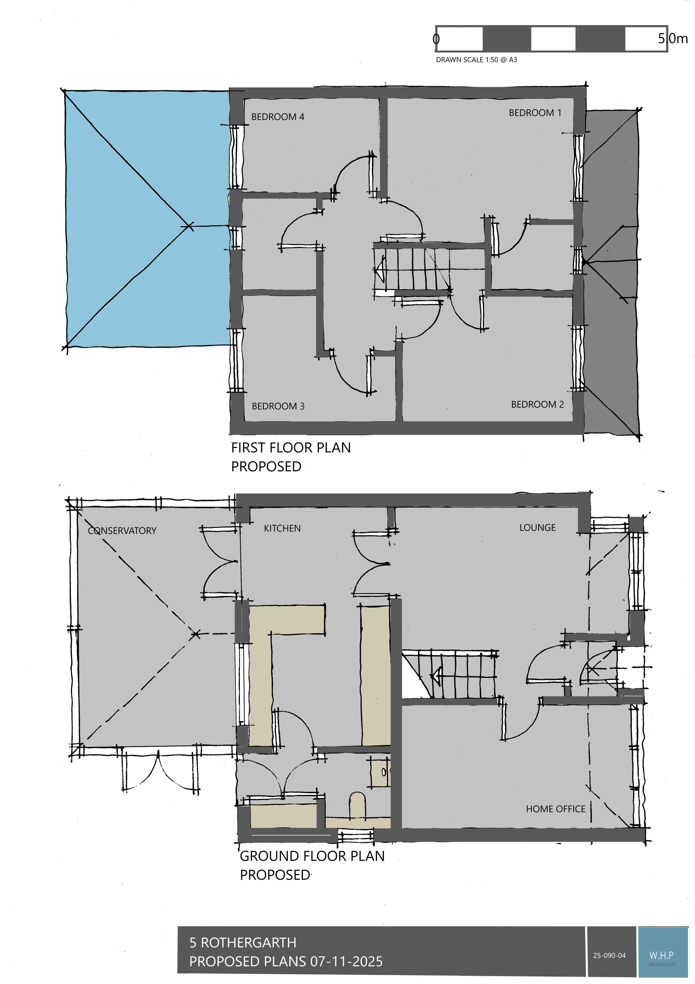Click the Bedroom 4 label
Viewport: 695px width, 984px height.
[277, 116]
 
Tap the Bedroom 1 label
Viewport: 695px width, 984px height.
[535, 113]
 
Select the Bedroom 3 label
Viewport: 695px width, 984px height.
[278, 406]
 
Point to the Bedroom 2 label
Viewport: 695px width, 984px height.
[537, 404]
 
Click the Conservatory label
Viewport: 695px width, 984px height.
[122, 531]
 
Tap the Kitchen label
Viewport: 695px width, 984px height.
[282, 528]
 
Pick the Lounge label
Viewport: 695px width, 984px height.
[537, 527]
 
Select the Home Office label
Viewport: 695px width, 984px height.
[555, 809]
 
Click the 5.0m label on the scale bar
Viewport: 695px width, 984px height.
[673, 39]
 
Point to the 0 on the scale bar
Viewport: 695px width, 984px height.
[436, 39]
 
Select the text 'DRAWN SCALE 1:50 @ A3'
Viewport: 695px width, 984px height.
[476, 60]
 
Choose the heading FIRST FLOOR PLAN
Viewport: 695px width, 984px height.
[291, 447]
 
